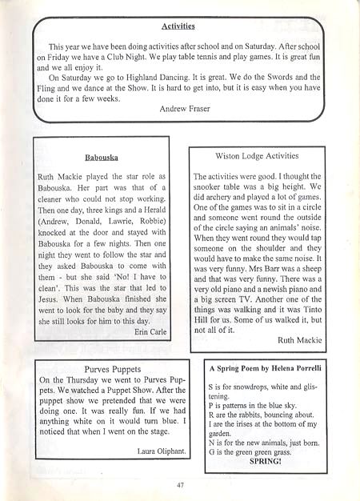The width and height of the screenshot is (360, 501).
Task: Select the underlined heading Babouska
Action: pos(101,158)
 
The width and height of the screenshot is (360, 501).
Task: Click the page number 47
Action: pos(179,484)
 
